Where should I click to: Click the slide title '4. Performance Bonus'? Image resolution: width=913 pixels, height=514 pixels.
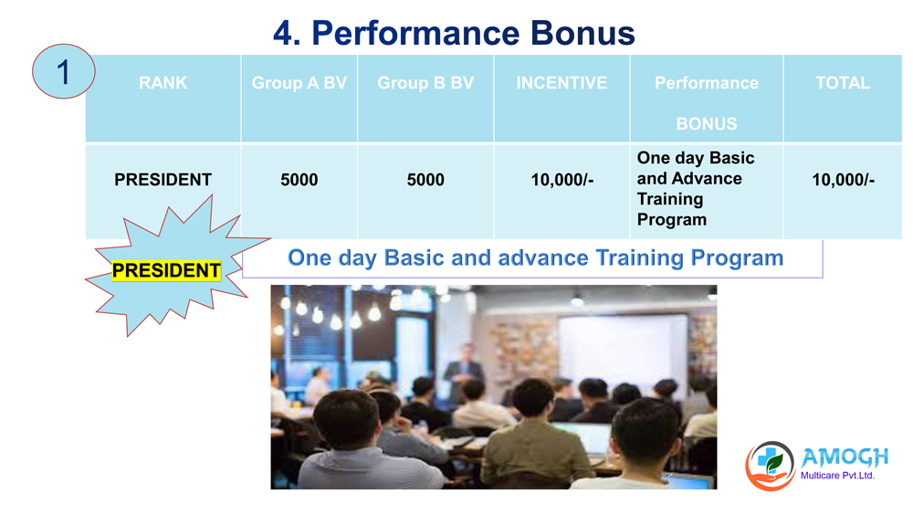pos(454,33)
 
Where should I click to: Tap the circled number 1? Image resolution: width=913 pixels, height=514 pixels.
pos(63,71)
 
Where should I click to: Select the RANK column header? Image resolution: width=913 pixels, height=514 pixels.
pos(163,83)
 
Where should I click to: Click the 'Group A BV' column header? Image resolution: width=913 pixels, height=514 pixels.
pos(299,83)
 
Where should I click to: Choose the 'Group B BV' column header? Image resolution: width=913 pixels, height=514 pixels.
pos(425,83)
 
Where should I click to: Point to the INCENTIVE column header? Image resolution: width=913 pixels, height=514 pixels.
pos(561,83)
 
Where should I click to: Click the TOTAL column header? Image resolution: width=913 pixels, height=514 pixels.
pos(843,83)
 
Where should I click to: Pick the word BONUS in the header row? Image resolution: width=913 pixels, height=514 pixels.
pos(707,124)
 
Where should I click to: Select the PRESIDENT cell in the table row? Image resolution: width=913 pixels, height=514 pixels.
pos(163,180)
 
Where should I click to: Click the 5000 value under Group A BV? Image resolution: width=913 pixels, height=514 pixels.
pos(299,180)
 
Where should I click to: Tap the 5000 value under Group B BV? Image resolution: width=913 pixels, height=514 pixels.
pos(425,180)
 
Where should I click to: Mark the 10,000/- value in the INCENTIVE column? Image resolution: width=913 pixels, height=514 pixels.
pos(561,180)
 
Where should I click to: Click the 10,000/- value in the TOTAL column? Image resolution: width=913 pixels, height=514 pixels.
pos(843,180)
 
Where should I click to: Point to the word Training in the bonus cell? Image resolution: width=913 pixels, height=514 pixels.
pos(670,200)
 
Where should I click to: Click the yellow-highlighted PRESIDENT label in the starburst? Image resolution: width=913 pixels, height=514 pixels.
pos(166,270)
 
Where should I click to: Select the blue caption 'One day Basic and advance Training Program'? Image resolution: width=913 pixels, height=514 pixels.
pos(535,257)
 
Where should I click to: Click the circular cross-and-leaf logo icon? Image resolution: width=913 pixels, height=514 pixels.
pos(770,466)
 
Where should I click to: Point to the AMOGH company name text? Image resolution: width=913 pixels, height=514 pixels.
pos(845,457)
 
